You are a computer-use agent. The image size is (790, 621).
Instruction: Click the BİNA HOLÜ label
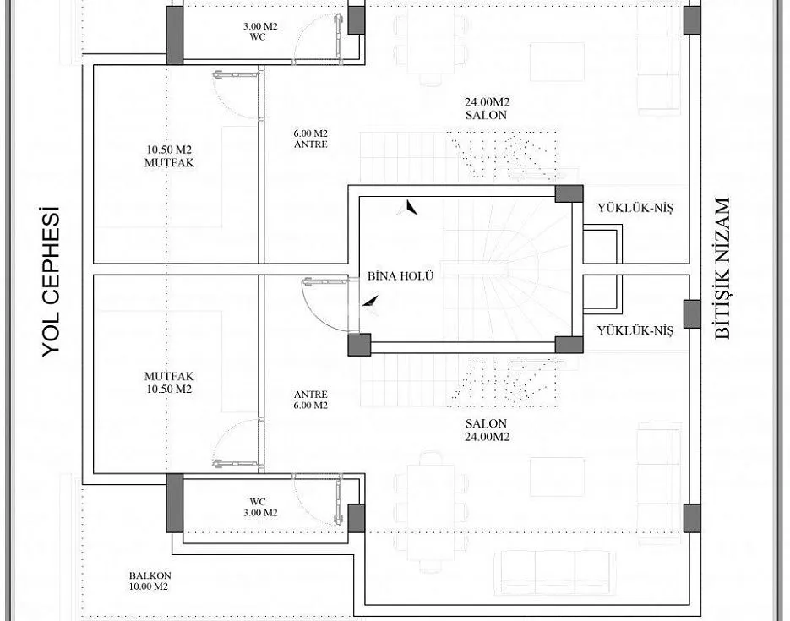coord(400,276)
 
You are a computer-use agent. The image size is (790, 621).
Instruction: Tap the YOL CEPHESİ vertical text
coord(51,281)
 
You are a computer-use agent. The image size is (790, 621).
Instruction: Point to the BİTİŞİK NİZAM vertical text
coord(722,268)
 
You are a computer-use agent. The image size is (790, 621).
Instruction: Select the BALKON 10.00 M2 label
coord(150,580)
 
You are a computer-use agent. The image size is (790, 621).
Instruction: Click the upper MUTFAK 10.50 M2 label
coord(169,156)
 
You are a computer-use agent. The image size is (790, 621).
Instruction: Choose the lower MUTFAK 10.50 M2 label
coord(169,382)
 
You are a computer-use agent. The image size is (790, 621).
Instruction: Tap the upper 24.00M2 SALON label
coord(487,108)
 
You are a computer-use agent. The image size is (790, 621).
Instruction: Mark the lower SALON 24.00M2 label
coord(487,429)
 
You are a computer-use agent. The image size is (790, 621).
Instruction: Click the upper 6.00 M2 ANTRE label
coord(310,139)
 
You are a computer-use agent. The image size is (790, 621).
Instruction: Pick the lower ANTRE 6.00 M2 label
coord(310,400)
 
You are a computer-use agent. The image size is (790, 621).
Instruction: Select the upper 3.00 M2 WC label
coord(260,31)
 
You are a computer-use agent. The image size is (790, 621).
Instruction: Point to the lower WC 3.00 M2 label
coord(260,507)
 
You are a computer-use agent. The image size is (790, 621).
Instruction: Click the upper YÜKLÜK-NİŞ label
coord(635,208)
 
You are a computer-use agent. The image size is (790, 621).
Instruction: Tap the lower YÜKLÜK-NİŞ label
coord(635,330)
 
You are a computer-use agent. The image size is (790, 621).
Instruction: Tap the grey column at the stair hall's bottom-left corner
coord(359,345)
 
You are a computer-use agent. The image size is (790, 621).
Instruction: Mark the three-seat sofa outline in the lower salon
coord(555,572)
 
